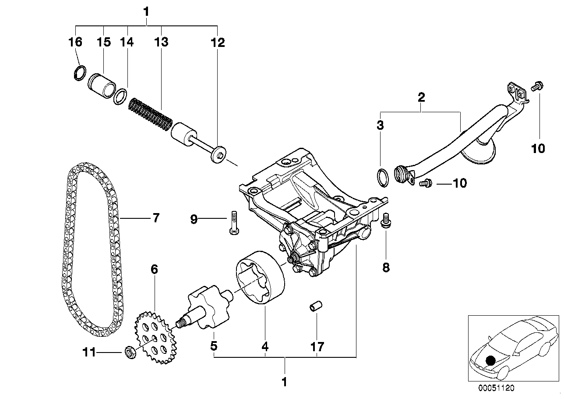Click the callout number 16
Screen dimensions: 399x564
coord(75,42)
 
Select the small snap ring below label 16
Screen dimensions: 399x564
coord(79,73)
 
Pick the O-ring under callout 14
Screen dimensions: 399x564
coord(120,97)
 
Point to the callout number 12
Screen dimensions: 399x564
coord(217,42)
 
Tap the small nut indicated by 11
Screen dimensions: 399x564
coord(130,352)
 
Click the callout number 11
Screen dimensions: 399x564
coord(90,352)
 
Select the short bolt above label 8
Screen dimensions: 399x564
coord(386,220)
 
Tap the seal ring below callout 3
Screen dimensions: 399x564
coord(382,177)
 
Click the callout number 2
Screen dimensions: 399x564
coord(421,97)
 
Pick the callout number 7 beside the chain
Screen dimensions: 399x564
coord(156,218)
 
